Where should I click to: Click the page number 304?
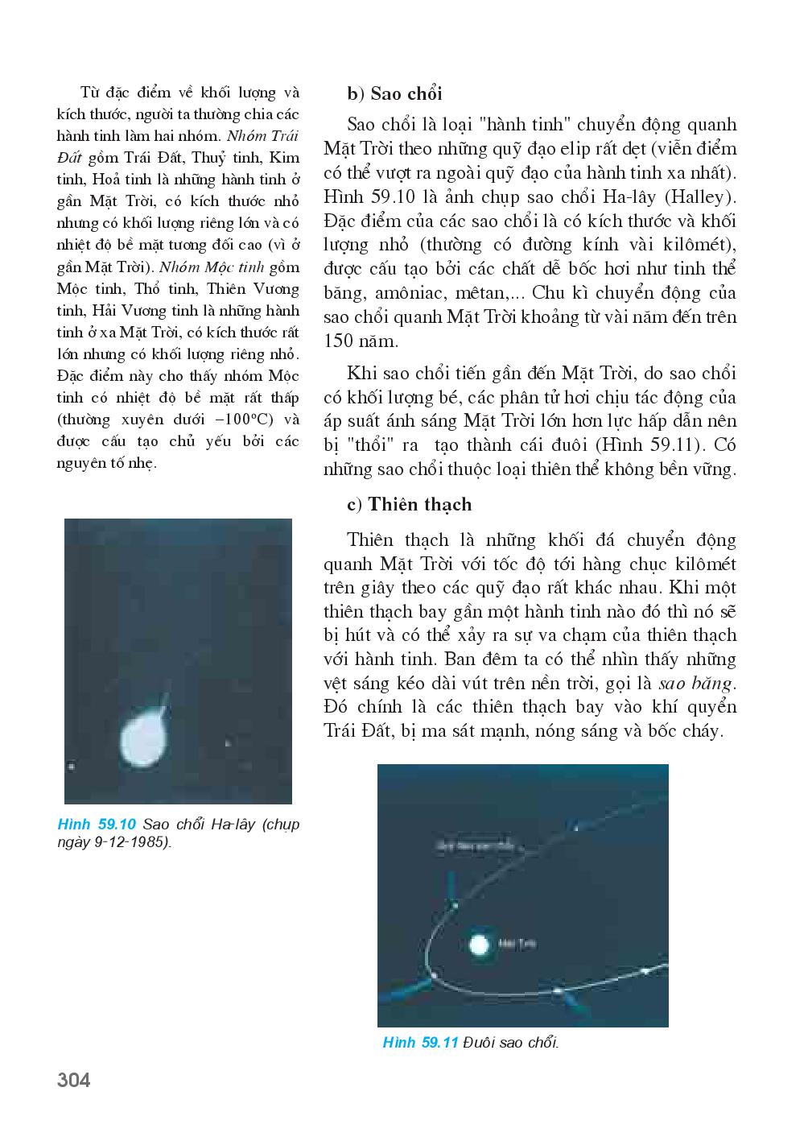coord(74,1080)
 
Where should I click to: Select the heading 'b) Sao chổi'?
coord(394,94)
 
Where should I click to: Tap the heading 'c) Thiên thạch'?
coord(409,505)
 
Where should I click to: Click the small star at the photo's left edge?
coord(71,766)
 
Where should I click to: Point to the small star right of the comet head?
coord(229,743)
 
